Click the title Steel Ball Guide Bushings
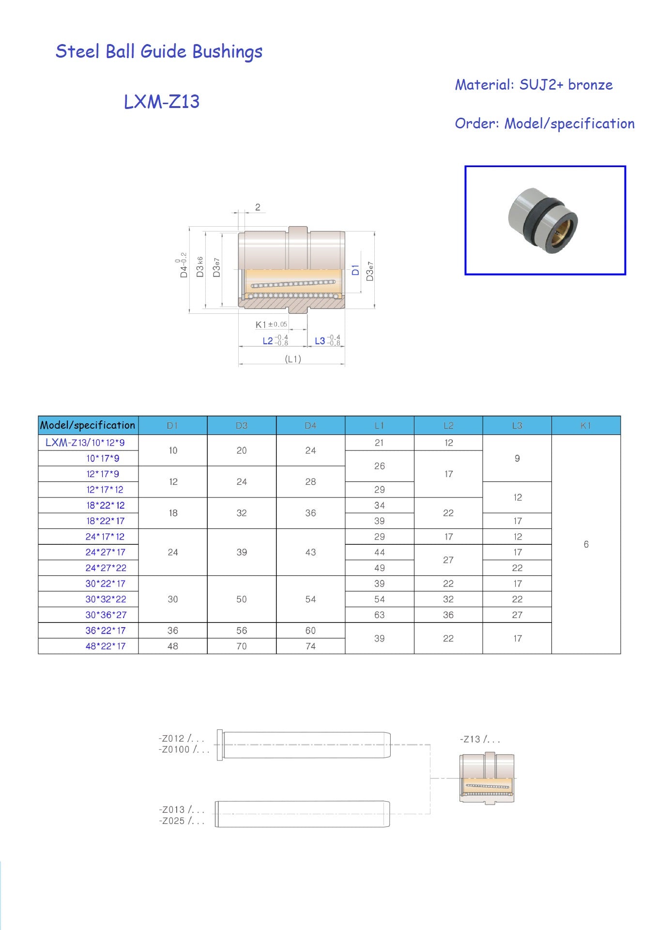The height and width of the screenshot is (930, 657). pyautogui.click(x=159, y=51)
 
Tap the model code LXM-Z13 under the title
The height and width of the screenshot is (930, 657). pyautogui.click(x=162, y=102)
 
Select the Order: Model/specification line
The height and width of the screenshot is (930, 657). pyautogui.click(x=545, y=124)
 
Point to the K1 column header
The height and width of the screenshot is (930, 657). pyautogui.click(x=586, y=426)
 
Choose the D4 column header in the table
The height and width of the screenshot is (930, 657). pyautogui.click(x=310, y=426)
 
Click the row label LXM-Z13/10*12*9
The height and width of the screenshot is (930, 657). pyautogui.click(x=85, y=443)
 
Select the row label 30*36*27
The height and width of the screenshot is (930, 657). pyautogui.click(x=106, y=615)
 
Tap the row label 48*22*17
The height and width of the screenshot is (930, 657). pyautogui.click(x=106, y=647)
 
